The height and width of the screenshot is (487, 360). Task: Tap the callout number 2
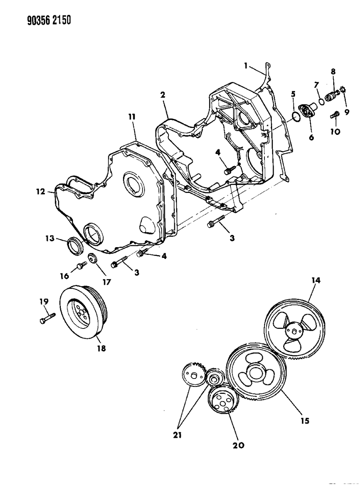coord(162,95)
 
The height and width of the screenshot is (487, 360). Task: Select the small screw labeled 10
coord(335,114)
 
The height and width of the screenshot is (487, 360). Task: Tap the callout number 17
coord(106,282)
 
